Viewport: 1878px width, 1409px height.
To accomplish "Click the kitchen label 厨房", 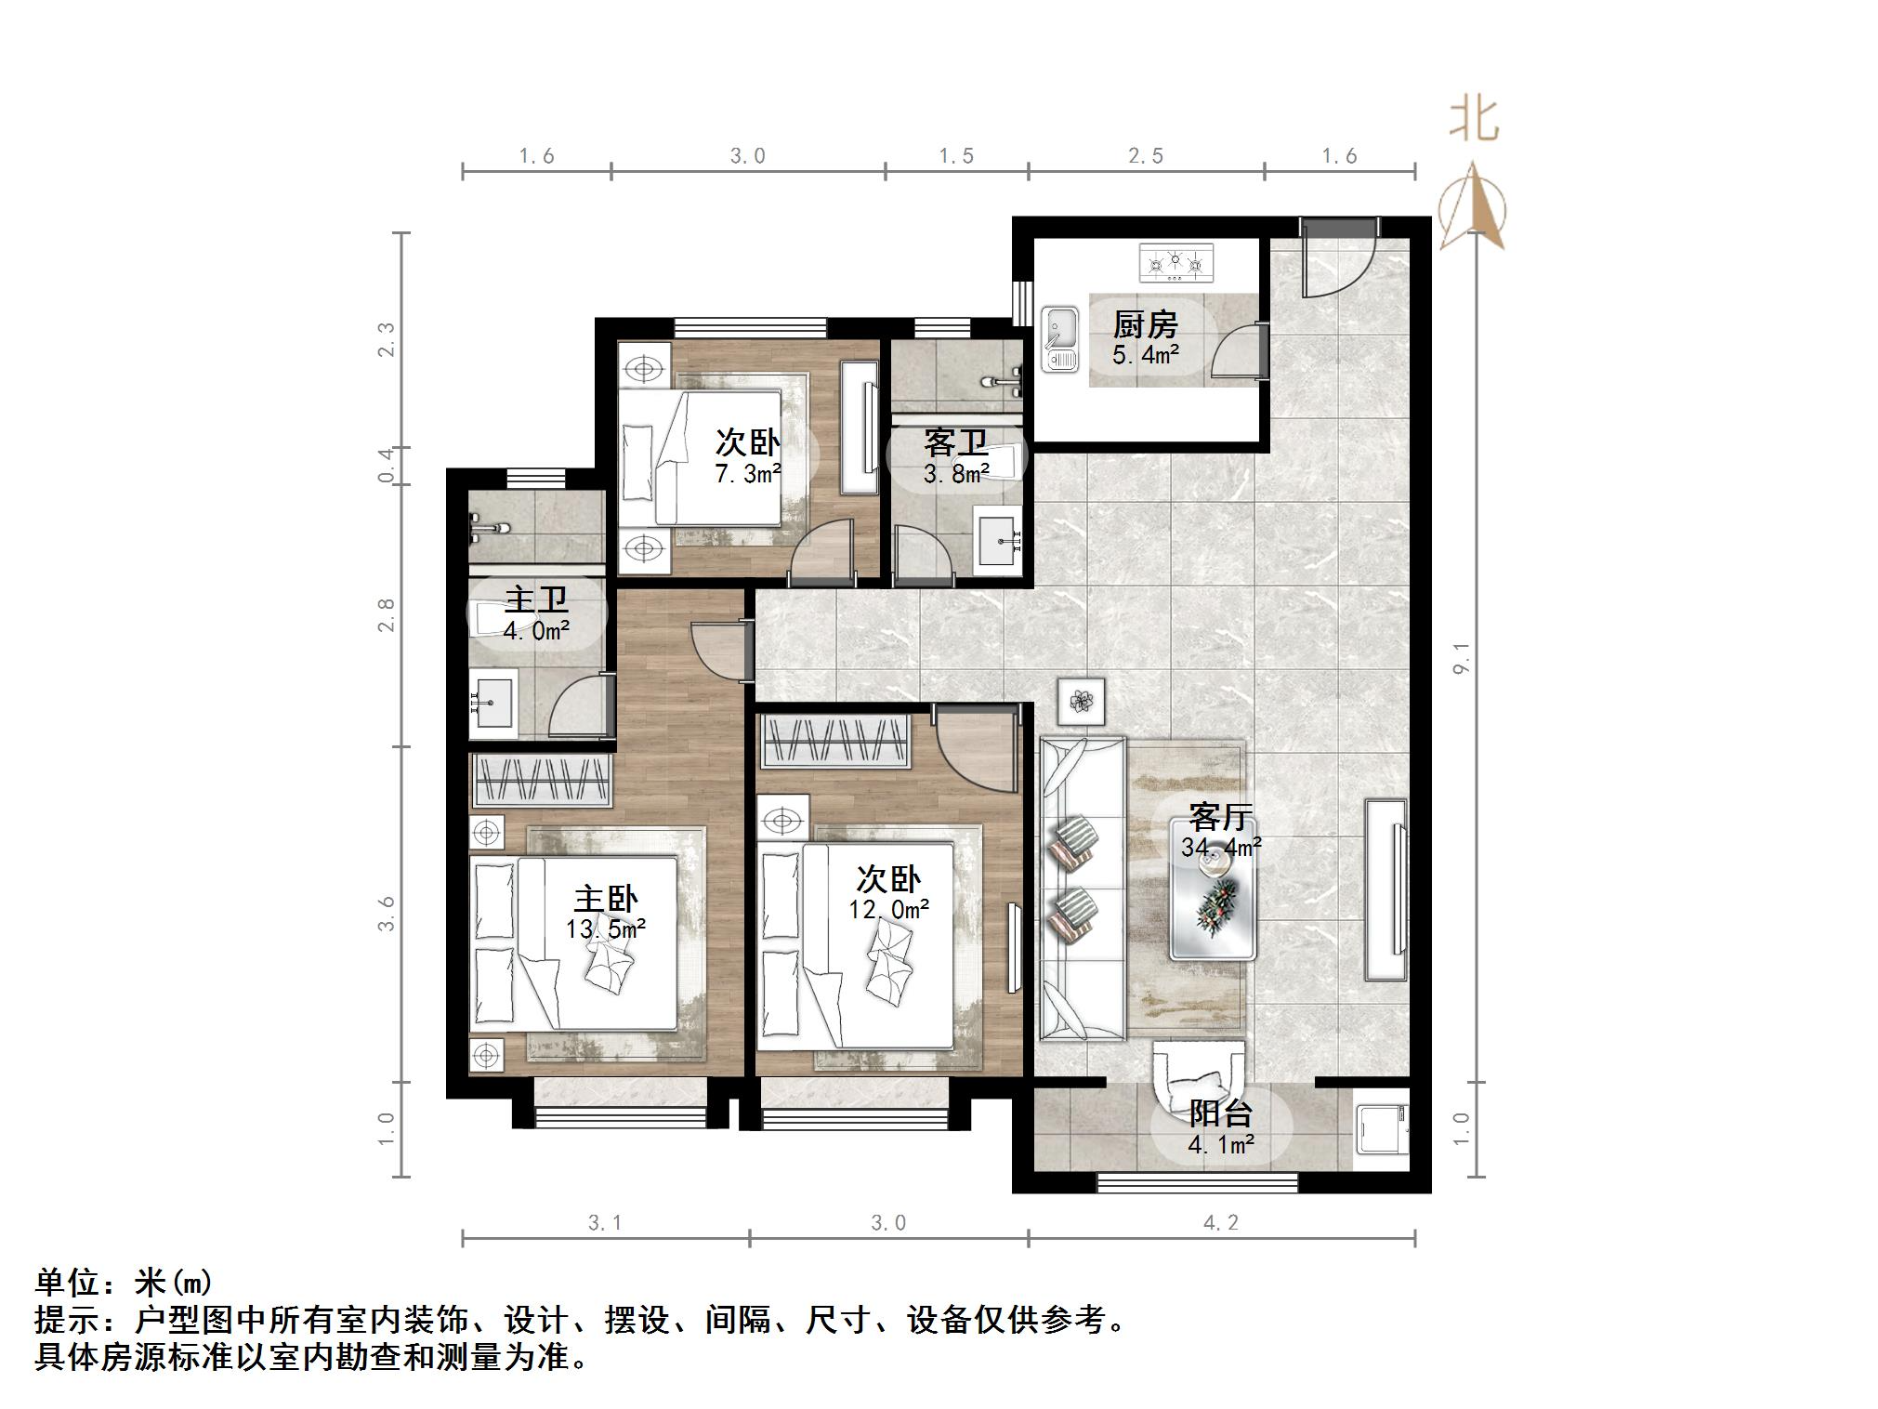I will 1145,324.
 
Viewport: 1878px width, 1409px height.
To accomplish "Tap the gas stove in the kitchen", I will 1176,263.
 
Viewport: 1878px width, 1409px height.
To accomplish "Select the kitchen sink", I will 1059,338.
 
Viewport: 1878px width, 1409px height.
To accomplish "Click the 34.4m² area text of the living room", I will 1221,847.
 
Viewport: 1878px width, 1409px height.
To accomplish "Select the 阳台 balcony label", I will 1221,1113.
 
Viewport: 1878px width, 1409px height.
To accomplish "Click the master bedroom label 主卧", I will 605,899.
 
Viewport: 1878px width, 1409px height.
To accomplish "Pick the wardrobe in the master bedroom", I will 542,780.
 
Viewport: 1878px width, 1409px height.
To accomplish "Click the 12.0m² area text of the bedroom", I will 888,909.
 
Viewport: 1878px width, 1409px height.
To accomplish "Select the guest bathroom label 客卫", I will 955,443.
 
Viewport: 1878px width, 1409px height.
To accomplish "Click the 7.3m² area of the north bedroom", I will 747,474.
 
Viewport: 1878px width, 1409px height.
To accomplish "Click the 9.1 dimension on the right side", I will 1462,658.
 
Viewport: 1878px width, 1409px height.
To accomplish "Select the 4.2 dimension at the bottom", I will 1221,1223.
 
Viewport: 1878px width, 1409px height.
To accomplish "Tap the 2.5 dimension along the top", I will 1146,156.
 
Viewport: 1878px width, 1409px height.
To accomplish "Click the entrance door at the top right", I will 1337,258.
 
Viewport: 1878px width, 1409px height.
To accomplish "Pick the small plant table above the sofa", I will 1081,702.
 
